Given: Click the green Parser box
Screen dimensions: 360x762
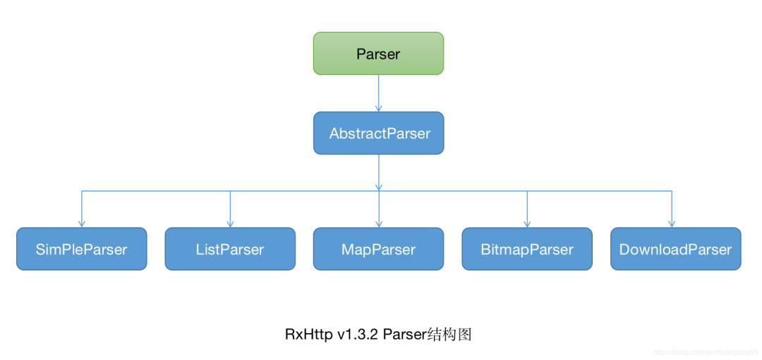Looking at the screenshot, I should coord(378,54).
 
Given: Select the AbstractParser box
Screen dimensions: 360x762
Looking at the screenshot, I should coord(379,133).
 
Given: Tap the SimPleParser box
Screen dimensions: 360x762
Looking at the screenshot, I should coord(81,248).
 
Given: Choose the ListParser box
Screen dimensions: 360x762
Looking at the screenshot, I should coord(230,248).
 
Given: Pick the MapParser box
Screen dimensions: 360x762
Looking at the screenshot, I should coord(379,248).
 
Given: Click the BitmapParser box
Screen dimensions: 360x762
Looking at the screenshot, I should coord(527,248).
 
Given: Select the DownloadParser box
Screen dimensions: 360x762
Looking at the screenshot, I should coord(675,248).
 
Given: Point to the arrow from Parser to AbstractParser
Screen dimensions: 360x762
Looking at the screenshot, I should coord(379,92).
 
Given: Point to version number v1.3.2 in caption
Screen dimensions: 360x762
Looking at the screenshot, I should coord(359,335).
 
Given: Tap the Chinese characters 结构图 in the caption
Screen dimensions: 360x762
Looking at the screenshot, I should coord(449,335).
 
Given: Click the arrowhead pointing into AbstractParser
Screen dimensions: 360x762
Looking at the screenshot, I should coord(379,108).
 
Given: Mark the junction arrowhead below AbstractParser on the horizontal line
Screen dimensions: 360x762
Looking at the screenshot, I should coord(379,187).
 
